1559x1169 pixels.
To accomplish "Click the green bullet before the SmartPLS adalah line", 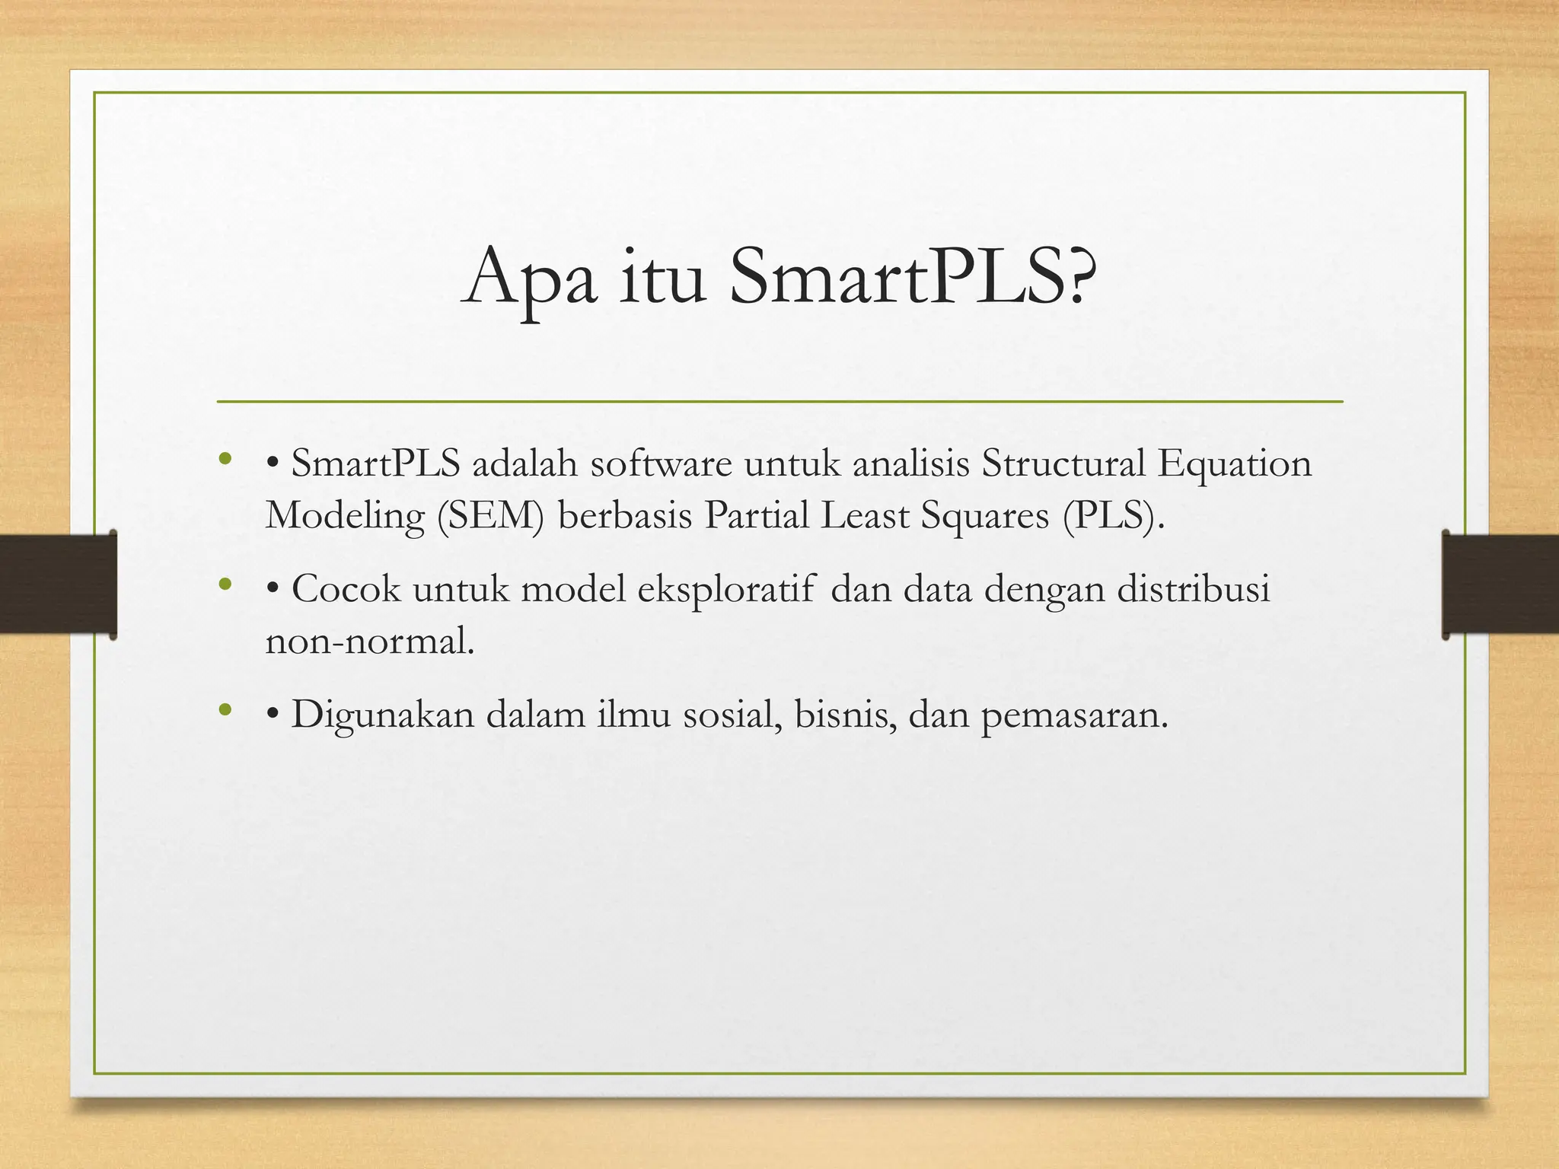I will point(224,459).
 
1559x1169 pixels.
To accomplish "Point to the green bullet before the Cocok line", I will point(224,584).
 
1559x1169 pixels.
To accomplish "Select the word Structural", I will point(1063,463).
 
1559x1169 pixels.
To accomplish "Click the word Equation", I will point(1235,465).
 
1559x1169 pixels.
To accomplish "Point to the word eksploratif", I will point(725,590).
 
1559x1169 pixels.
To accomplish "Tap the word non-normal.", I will point(370,641).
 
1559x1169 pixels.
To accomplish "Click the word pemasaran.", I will point(1073,715).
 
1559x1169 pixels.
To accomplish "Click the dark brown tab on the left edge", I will point(57,584).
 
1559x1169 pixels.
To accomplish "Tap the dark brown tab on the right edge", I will point(1500,584).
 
